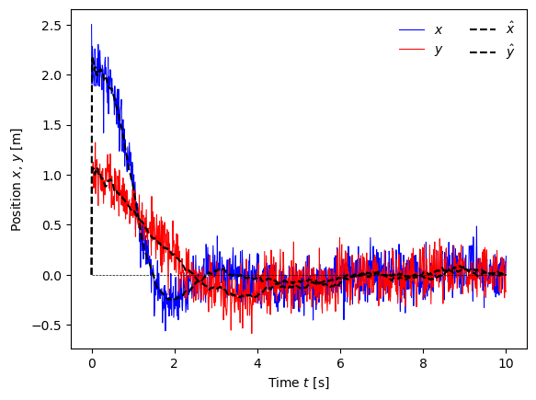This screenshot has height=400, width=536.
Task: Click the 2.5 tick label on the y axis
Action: click(51, 26)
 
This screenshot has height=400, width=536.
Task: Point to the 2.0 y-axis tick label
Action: click(51, 76)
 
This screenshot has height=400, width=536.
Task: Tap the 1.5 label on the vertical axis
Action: click(51, 126)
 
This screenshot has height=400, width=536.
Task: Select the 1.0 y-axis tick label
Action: click(51, 176)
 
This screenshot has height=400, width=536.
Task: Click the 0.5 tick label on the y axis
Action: click(51, 225)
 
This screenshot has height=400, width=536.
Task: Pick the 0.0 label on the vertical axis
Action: click(51, 276)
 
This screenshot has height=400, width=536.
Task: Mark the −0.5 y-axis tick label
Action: click(47, 326)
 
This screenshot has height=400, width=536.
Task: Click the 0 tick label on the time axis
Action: click(92, 363)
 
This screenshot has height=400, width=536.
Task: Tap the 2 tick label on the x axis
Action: click(175, 363)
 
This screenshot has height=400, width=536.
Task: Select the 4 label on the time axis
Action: click(257, 363)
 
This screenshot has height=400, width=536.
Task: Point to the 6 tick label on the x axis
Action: click(340, 363)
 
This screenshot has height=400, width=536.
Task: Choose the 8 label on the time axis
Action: click(423, 363)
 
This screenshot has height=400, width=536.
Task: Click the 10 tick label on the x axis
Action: click(506, 363)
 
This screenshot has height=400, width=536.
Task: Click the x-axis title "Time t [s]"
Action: click(299, 383)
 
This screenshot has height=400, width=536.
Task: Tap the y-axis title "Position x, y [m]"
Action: click(16, 180)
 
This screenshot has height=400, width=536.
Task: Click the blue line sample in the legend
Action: click(412, 30)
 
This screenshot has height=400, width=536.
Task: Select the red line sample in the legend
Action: click(412, 50)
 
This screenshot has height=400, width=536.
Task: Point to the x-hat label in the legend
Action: click(510, 29)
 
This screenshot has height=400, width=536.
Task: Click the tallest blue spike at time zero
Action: click(91, 25)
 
